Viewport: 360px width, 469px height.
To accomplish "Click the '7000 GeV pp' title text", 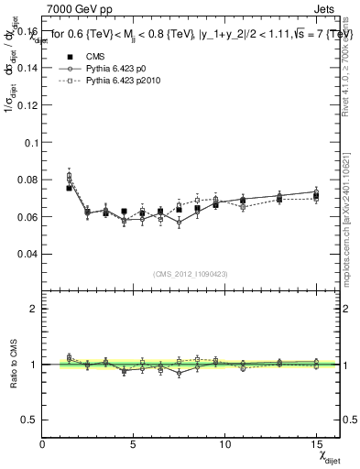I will click(x=71, y=8).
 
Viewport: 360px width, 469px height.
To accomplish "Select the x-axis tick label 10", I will click(x=225, y=445).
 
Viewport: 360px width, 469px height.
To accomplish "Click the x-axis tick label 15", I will click(x=316, y=445).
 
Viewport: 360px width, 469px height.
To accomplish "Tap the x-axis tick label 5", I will click(x=134, y=445).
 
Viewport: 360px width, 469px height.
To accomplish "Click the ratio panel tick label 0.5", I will click(x=29, y=420).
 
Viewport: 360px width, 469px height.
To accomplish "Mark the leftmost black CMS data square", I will click(x=69, y=188).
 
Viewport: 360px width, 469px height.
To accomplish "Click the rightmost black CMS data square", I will click(x=316, y=196).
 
